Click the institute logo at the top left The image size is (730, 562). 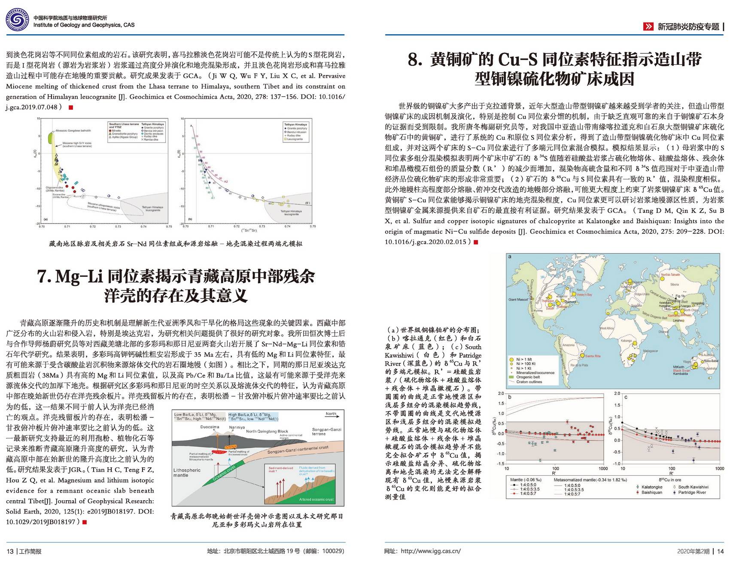(17, 20)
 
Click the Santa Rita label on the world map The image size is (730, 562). (593, 356)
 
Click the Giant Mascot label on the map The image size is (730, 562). (518, 299)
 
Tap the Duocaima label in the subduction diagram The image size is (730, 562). (210, 427)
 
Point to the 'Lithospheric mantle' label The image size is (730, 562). (187, 473)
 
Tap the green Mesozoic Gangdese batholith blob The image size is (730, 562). (50, 138)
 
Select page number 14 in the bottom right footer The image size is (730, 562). (720, 551)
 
